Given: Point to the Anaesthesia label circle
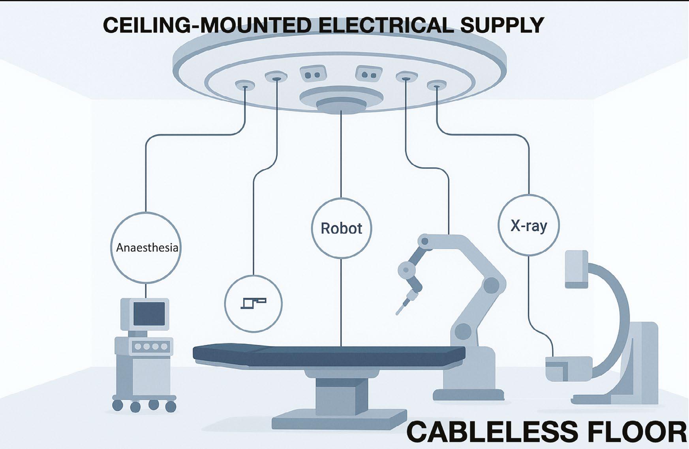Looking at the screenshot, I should click(x=146, y=248).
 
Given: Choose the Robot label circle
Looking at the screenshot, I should click(x=341, y=228).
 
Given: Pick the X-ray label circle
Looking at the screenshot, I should click(x=528, y=225).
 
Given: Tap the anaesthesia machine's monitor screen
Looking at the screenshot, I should click(x=149, y=314).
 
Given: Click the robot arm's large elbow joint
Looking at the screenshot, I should click(x=492, y=285).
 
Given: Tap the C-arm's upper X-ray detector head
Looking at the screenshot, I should click(x=576, y=268).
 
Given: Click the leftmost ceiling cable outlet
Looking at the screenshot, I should click(x=245, y=84).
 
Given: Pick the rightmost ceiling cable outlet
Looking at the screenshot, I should click(x=436, y=85).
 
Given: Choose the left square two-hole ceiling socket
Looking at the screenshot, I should click(x=313, y=73).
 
